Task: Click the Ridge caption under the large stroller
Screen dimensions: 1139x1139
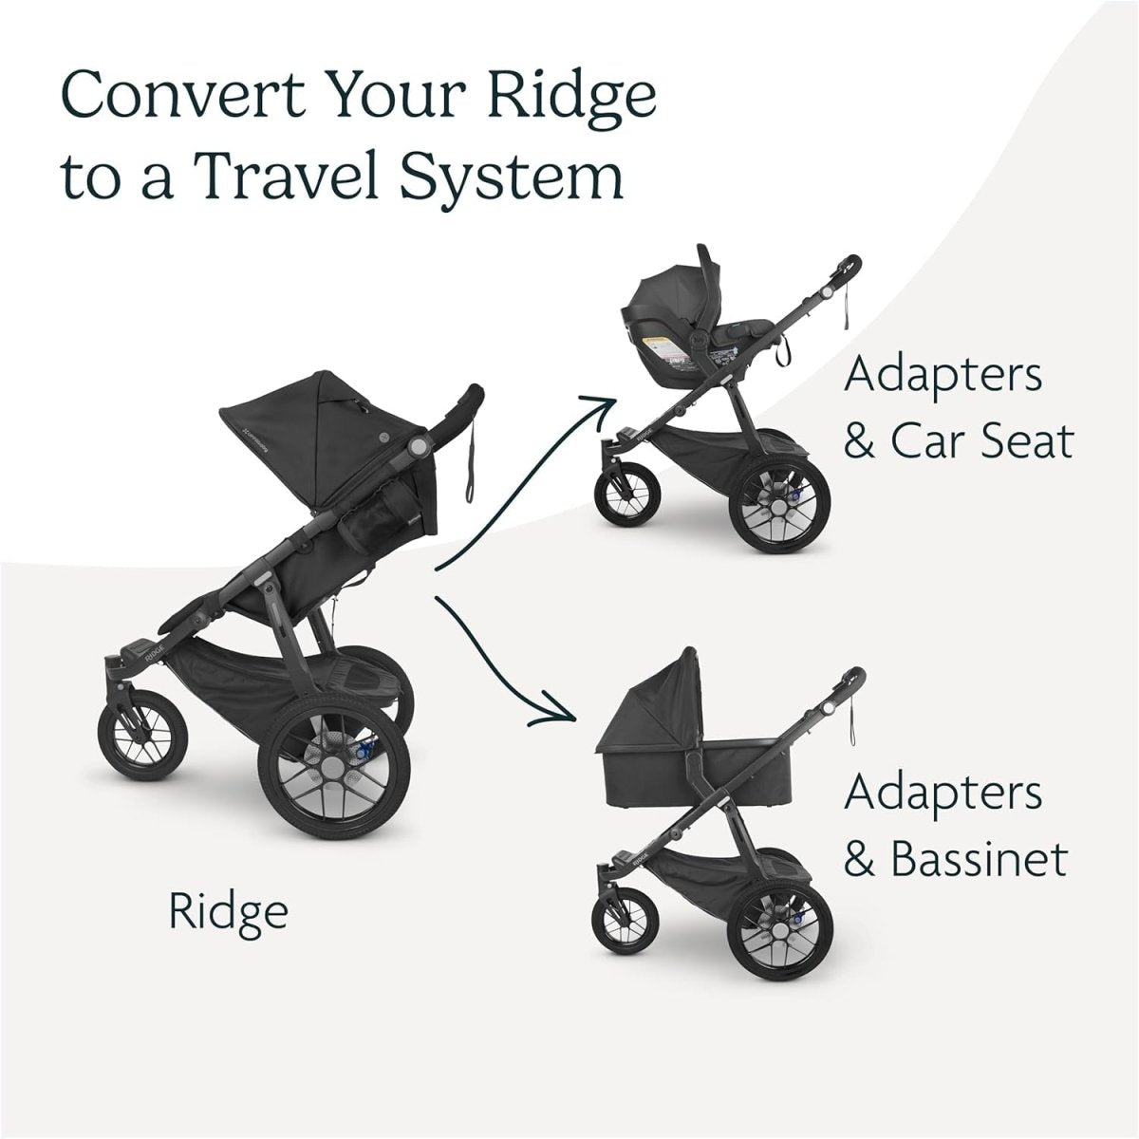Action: (228, 912)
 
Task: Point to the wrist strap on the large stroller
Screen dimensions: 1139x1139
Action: (472, 465)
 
